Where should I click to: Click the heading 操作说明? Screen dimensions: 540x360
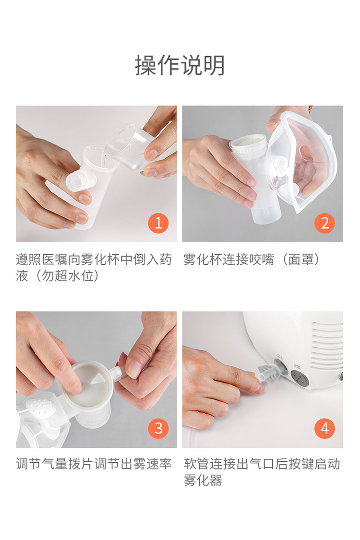point(180,66)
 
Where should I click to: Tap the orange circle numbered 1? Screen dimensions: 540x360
point(158,223)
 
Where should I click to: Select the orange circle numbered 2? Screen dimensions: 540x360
point(324,223)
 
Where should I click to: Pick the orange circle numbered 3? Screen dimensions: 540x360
point(158,428)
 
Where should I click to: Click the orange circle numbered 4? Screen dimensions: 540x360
point(324,428)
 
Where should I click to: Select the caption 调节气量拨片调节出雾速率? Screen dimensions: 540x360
point(94,464)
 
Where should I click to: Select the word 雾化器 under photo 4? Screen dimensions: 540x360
point(203,480)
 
